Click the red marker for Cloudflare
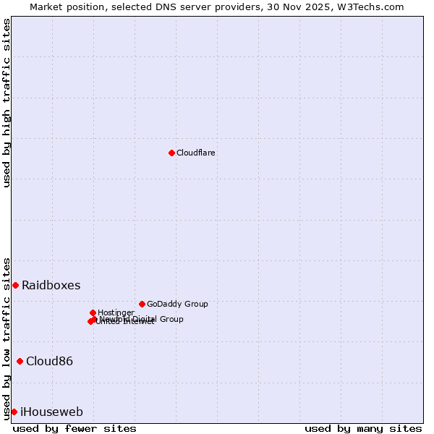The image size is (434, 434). pos(171,153)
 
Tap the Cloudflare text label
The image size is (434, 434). pos(195,153)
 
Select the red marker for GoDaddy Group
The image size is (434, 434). pos(142,304)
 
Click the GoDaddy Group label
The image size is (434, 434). pos(177,304)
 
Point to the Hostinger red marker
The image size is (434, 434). pos(93,312)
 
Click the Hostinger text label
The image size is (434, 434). pos(116,312)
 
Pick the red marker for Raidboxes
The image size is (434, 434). pos(15,285)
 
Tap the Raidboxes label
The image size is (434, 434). pos(51,285)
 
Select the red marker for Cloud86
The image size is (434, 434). pos(20,361)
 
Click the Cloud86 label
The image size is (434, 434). pos(49,361)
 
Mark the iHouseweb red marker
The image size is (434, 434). pos(14,412)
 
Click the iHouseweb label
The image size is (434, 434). pos(51,412)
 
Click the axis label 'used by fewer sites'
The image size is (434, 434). pos(75,428)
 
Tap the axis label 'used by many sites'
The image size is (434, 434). pos(363,428)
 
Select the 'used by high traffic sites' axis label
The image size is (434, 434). pos(7,103)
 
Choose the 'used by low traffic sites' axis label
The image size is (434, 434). pos(7,338)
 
